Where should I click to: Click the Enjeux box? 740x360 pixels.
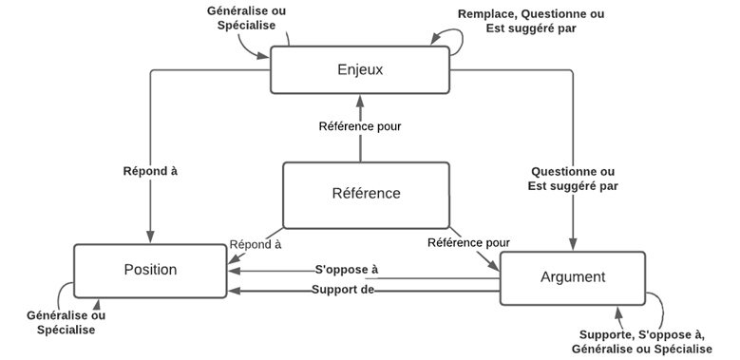click(x=359, y=69)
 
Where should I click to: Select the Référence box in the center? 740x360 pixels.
click(x=366, y=195)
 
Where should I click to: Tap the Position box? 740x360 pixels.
click(x=150, y=270)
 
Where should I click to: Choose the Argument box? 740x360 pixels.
click(x=572, y=277)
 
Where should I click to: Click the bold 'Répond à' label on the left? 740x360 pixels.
click(x=150, y=172)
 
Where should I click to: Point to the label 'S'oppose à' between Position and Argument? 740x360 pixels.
click(x=346, y=270)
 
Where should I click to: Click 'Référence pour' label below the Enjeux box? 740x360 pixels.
click(x=360, y=125)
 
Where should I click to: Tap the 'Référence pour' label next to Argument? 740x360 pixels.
click(x=468, y=243)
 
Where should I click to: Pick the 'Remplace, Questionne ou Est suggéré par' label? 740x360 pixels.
click(x=530, y=21)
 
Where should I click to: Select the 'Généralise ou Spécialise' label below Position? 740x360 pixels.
click(x=66, y=322)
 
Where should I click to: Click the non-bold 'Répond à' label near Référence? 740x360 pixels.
click(x=256, y=244)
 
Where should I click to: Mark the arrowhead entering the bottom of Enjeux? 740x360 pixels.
click(x=360, y=99)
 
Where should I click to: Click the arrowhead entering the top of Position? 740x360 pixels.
click(x=150, y=238)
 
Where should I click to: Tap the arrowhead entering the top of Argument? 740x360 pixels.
click(x=573, y=246)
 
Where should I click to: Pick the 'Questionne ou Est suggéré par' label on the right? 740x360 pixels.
click(x=573, y=179)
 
